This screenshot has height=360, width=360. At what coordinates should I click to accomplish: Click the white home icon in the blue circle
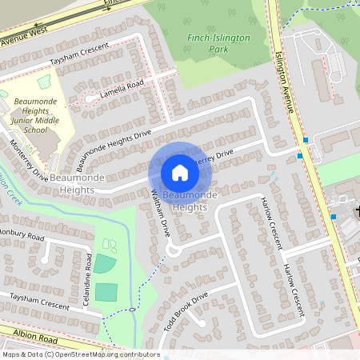(180, 173)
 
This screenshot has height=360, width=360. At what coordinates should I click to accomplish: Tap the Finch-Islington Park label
(218, 43)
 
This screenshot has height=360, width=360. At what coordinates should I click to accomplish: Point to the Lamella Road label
(121, 89)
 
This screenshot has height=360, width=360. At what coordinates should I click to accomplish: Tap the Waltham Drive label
(161, 214)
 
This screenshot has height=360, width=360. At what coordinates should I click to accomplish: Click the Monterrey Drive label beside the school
(28, 160)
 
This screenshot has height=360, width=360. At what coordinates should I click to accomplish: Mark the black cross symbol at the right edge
(357, 211)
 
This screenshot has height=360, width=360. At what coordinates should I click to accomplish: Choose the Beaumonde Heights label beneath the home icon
(184, 201)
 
